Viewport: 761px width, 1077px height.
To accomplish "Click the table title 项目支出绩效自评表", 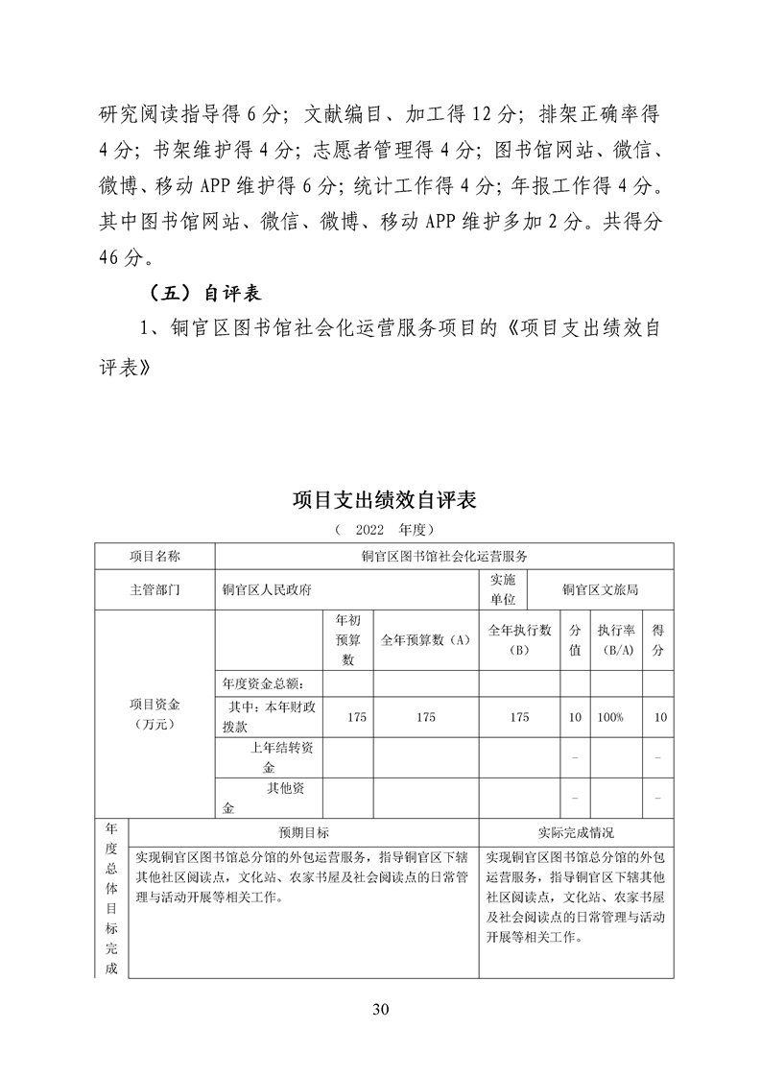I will click(x=384, y=500).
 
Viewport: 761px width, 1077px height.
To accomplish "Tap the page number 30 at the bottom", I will click(x=381, y=1008).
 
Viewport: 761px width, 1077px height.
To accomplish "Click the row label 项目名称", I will click(x=155, y=556).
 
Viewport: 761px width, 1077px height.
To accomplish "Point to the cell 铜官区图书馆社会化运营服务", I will click(x=444, y=556).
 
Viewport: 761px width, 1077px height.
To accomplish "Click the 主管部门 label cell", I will click(x=155, y=589).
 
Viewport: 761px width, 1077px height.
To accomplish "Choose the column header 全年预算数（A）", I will click(x=426, y=639).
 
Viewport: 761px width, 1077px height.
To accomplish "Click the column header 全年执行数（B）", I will click(x=519, y=639).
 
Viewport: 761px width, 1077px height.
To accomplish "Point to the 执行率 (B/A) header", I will click(x=615, y=639).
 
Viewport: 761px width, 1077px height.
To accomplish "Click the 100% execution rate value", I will click(x=610, y=717).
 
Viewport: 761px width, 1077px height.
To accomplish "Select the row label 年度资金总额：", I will click(x=263, y=683).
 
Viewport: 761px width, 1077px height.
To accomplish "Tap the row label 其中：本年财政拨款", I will click(x=269, y=717).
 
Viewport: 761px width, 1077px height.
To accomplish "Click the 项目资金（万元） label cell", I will click(x=155, y=714).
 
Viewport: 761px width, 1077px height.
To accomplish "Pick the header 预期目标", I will click(x=303, y=832).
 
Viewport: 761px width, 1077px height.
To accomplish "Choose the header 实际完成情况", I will click(x=575, y=832).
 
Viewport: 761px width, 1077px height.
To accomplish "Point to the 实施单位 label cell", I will click(x=503, y=589).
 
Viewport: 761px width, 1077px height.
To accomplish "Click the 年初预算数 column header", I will click(x=347, y=639).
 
